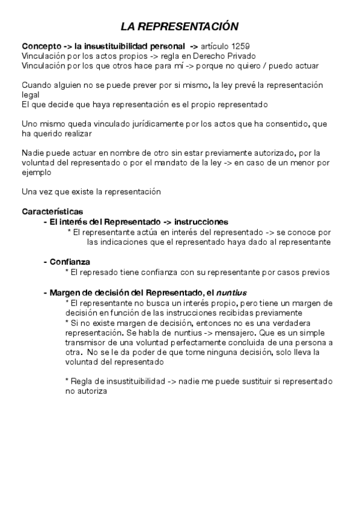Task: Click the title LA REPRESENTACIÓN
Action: pos(180,26)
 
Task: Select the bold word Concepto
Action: pos(40,46)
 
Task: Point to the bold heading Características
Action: pos(52,211)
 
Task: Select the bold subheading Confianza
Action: pos(69,262)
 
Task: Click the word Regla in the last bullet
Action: pos(84,381)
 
